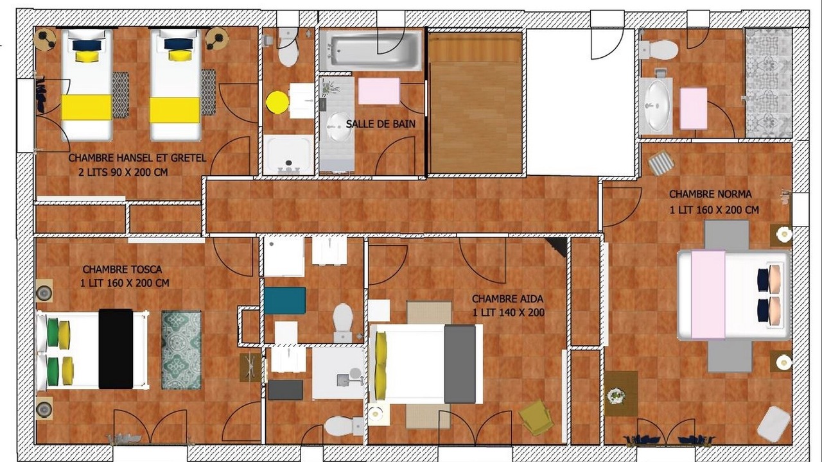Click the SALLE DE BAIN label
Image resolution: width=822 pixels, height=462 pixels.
click(x=381, y=124)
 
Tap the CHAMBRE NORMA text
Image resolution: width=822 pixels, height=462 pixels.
click(x=710, y=194)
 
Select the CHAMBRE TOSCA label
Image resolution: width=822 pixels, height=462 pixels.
click(x=122, y=269)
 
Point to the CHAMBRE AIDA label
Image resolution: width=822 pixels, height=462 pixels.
click(x=507, y=299)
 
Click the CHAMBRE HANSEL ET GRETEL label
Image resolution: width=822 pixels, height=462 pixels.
click(x=137, y=158)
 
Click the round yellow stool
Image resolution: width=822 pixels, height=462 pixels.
click(x=277, y=102)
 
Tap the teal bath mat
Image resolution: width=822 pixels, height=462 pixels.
click(x=284, y=301)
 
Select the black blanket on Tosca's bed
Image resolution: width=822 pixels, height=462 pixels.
click(x=116, y=349)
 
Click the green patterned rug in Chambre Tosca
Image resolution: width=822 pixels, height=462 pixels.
click(x=181, y=350)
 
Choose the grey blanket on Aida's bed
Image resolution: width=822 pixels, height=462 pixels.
click(x=460, y=364)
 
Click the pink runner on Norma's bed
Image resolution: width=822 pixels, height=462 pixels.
click(x=708, y=295)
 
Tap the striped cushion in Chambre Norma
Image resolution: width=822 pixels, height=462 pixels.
click(x=661, y=162)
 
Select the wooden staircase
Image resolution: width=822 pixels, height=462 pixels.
click(x=475, y=103)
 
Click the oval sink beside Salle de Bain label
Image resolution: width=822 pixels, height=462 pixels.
click(x=339, y=126)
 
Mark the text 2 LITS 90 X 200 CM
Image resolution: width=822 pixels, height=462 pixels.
click(x=123, y=172)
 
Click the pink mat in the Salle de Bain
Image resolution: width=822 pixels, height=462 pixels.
click(x=379, y=91)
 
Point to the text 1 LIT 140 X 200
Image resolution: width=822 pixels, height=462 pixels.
click(x=508, y=312)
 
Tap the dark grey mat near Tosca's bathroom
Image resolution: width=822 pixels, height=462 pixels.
click(x=286, y=389)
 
